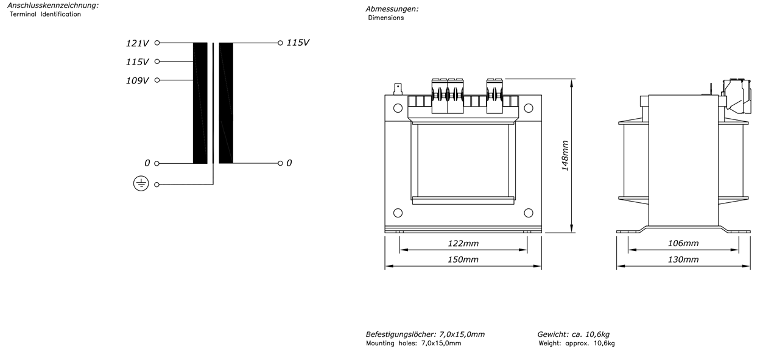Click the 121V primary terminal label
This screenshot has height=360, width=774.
tap(137, 43)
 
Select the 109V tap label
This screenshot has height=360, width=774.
tap(137, 80)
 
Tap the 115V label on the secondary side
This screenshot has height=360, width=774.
tap(298, 43)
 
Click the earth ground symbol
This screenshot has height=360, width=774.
tap(141, 183)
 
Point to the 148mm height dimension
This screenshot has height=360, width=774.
tap(565, 155)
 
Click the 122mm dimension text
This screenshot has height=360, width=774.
tap(463, 243)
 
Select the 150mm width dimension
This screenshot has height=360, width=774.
tap(463, 259)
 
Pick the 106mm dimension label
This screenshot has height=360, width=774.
tap(683, 243)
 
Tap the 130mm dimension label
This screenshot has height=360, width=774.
tap(683, 259)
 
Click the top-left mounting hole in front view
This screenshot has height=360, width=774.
tap(398, 108)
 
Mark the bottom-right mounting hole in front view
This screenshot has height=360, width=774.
tap(529, 213)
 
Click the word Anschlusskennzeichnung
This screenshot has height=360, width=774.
tap(53, 5)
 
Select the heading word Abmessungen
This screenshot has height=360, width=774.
tap(392, 9)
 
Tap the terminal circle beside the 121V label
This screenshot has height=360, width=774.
tap(157, 43)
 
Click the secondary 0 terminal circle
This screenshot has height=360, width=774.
tap(280, 163)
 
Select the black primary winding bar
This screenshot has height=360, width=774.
tap(200, 103)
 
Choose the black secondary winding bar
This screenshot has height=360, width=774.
tap(226, 103)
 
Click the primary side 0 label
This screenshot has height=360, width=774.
tap(147, 163)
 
